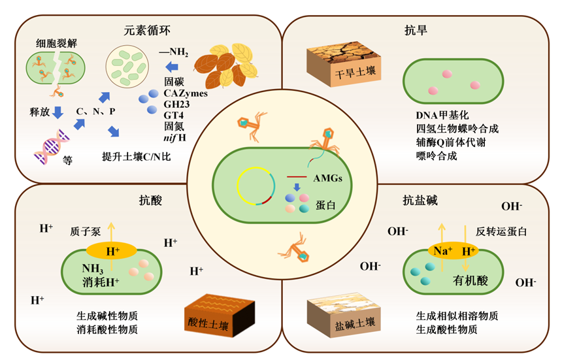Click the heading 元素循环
tap(148, 30)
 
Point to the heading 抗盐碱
tap(418, 201)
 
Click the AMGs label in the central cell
tap(327, 178)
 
